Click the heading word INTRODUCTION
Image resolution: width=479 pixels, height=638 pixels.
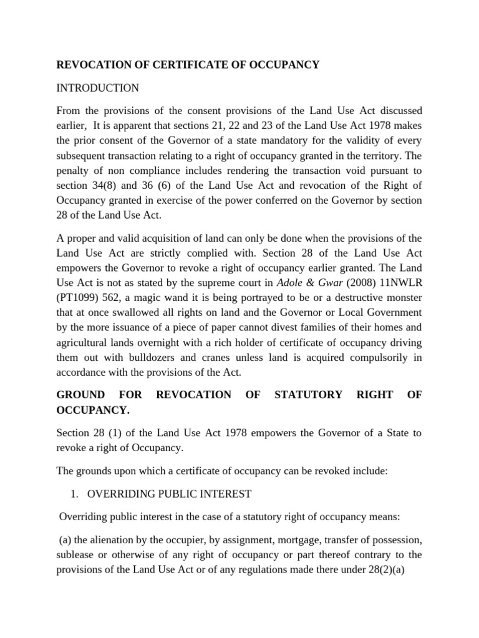98,88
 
